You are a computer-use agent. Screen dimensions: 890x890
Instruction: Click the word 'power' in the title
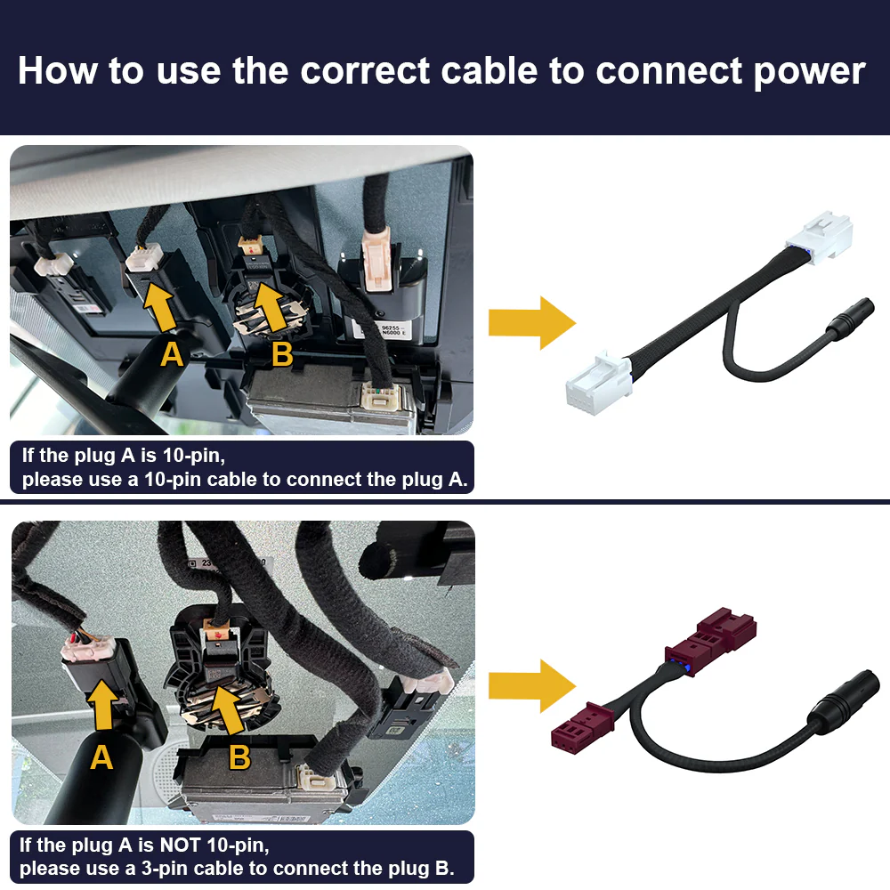[809, 72]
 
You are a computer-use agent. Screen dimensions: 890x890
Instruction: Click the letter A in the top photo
[172, 355]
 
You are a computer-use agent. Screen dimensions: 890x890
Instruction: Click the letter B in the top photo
[282, 354]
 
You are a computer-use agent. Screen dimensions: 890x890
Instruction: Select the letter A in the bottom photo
[101, 757]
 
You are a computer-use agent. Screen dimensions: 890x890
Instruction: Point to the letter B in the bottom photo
[239, 756]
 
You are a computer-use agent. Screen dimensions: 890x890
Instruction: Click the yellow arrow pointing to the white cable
[532, 322]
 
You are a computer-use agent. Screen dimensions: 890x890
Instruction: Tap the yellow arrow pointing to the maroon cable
[532, 685]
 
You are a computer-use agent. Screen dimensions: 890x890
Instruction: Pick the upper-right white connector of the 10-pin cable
[820, 238]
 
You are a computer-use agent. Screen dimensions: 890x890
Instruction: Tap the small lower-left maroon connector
[582, 724]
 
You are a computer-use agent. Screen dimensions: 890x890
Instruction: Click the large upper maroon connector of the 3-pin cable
[710, 641]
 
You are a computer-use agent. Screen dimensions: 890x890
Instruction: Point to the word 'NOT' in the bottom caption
[179, 845]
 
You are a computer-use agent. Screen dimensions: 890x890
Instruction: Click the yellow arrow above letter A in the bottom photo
[102, 705]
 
